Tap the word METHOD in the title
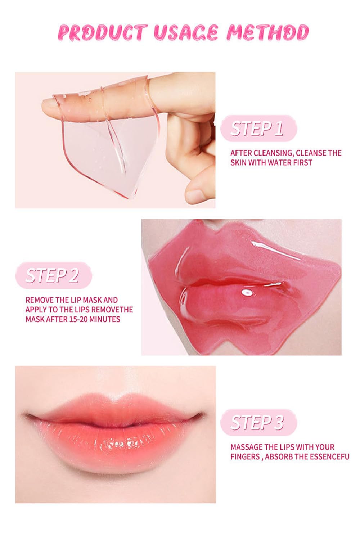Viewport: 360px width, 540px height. coord(267,33)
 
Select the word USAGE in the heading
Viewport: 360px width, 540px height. coord(186,33)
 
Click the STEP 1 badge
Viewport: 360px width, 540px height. coord(258,129)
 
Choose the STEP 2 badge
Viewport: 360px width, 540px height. coord(53,276)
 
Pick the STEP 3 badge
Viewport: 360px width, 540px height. coord(258,423)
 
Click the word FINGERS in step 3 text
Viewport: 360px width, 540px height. coord(245,457)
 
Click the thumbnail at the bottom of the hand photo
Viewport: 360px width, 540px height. coord(195,195)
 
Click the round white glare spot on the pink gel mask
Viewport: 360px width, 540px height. coord(247,293)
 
